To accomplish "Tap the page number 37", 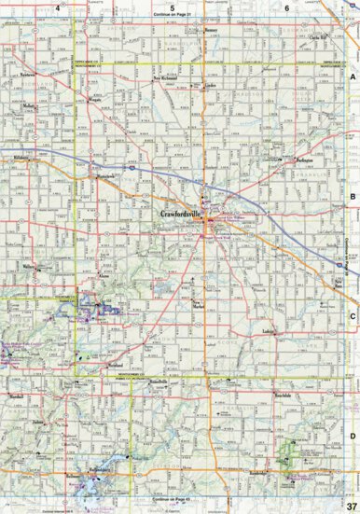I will [350, 505].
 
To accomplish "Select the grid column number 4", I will [58, 7].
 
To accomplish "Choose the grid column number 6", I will [286, 7].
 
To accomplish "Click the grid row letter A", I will [353, 78].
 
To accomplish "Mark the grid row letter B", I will [353, 197].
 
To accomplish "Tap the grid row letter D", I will [353, 435].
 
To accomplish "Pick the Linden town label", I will [210, 84].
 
